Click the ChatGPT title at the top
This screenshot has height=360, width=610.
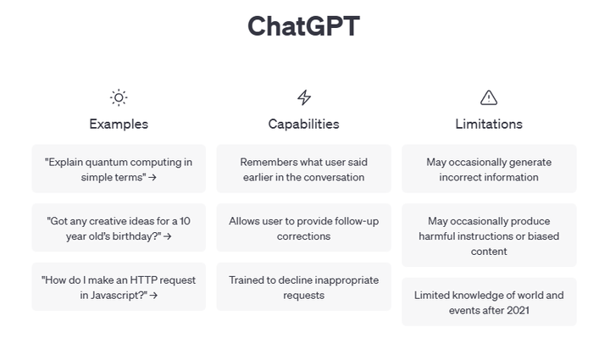303,26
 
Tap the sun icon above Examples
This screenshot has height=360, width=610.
119,97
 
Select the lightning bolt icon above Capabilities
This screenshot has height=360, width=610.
303,97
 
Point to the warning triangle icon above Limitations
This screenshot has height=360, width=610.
489,97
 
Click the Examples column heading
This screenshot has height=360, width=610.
119,124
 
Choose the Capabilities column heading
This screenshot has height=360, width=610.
303,124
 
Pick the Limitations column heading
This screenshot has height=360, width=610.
489,124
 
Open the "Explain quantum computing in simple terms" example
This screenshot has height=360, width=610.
119,169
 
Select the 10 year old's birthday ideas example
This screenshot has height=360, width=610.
119,228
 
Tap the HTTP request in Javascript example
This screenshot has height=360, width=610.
119,287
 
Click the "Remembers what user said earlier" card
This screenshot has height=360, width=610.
303,169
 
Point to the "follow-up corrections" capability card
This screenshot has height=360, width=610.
303,228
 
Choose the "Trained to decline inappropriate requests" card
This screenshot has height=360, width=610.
303,287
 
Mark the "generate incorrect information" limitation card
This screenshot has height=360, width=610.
489,169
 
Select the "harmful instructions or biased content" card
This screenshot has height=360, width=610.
489,235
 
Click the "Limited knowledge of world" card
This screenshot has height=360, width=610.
489,302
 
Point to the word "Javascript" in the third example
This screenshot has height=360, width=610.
119,296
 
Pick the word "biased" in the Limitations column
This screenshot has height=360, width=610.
544,236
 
